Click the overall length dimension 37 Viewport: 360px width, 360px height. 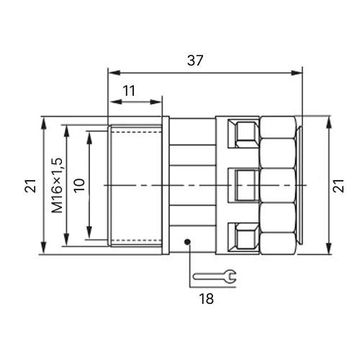(195, 60)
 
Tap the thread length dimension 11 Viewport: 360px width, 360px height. (129, 91)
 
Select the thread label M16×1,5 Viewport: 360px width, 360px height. (57, 185)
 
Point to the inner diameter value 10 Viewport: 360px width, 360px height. (79, 185)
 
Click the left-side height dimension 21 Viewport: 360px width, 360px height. (31, 186)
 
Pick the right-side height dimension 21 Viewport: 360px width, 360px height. (338, 186)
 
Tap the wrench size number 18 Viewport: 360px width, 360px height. (206, 299)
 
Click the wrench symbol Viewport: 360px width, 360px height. (215, 276)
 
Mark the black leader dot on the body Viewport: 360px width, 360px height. (187, 242)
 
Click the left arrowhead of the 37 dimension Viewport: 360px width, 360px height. (114, 73)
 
